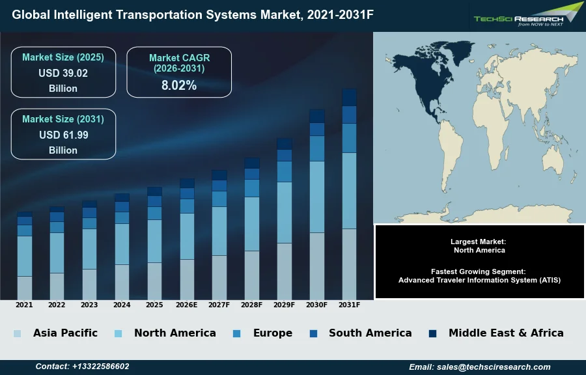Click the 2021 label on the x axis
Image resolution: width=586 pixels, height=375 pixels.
pyautogui.click(x=24, y=305)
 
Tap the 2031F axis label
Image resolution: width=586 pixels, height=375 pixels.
pyautogui.click(x=349, y=305)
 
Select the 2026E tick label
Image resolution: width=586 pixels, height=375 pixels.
pyautogui.click(x=187, y=305)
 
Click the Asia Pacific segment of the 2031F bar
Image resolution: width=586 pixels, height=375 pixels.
pyautogui.click(x=349, y=264)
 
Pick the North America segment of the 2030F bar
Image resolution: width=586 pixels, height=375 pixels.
pyautogui.click(x=317, y=197)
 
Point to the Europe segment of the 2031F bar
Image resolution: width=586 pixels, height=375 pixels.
pyautogui.click(x=349, y=138)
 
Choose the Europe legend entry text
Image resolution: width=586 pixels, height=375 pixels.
pyautogui.click(x=272, y=333)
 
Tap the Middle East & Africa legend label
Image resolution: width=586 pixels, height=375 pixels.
pyautogui.click(x=506, y=333)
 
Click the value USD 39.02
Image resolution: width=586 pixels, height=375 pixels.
pyautogui.click(x=63, y=73)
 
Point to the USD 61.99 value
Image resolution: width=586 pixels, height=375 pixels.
pyautogui.click(x=63, y=135)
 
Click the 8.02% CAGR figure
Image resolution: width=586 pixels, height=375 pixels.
pyautogui.click(x=179, y=85)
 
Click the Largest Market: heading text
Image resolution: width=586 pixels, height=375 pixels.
pyautogui.click(x=479, y=242)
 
